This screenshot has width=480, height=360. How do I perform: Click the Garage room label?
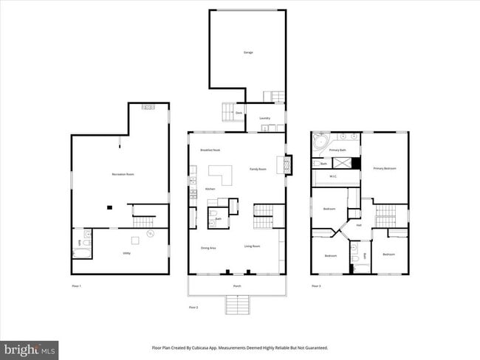point(248,52)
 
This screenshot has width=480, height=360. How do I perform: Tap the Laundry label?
point(264,118)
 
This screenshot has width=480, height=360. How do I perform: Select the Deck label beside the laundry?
point(239,113)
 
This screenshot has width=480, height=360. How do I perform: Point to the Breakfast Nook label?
point(210,150)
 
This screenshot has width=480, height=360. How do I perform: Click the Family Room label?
point(258,170)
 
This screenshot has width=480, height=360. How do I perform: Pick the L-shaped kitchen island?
point(220,174)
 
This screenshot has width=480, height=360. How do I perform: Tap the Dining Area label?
point(208,248)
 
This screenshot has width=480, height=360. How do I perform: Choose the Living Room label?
point(253,246)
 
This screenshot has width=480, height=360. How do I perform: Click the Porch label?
point(236,284)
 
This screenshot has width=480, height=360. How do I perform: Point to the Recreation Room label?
point(123,174)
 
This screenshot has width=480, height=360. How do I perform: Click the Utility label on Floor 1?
point(116,252)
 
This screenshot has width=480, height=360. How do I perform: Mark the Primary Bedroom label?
point(385,168)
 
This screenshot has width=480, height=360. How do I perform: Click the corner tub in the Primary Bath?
point(320,141)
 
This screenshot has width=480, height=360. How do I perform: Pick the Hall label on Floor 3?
point(359,226)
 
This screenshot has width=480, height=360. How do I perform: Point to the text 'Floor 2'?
point(193,307)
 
